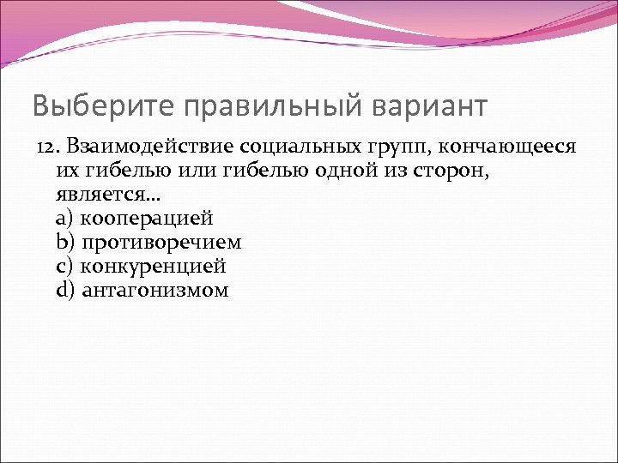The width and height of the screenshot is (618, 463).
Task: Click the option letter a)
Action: (x=64, y=219)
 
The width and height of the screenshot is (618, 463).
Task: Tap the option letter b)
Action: (x=64, y=243)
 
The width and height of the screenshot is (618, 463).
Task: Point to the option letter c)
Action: (x=64, y=266)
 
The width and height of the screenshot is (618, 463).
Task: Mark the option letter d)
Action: (x=64, y=290)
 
